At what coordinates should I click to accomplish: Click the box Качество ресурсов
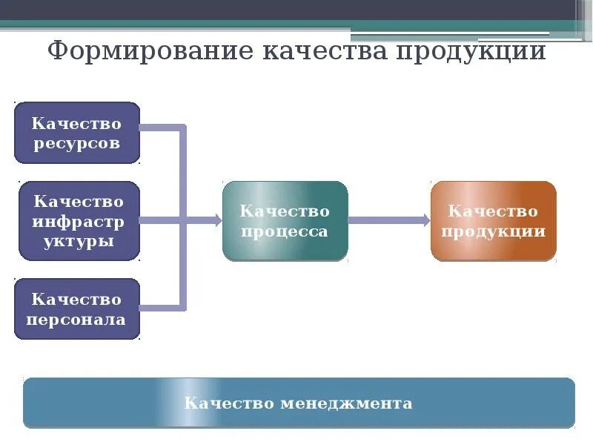77,133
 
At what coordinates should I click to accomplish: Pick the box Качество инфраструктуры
79,220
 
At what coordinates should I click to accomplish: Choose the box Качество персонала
77,309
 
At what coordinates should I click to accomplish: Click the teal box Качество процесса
285,220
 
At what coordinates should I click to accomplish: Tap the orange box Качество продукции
493,220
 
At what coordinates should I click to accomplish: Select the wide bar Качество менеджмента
299,403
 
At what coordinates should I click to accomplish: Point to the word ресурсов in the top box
76,144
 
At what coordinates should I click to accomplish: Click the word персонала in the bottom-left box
76,320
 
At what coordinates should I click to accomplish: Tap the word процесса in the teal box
285,231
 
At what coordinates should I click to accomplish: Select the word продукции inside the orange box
493,231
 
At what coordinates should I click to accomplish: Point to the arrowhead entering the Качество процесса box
217,220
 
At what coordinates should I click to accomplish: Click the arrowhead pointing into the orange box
425,220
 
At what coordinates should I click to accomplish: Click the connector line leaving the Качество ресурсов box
159,128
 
